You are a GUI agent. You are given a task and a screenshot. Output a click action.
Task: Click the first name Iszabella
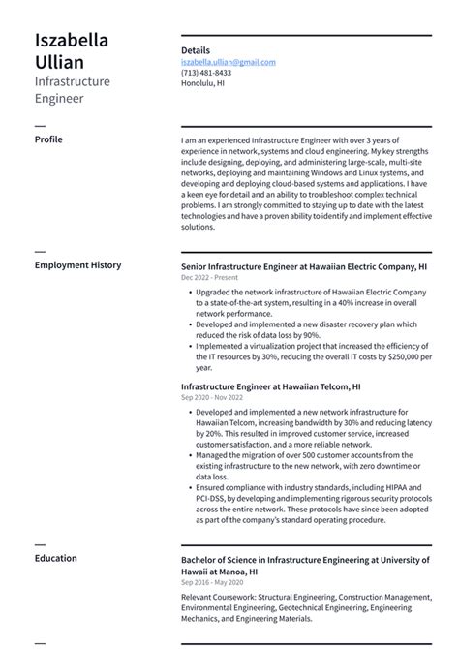pyautogui.click(x=72, y=40)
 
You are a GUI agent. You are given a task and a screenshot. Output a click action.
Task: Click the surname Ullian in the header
pyautogui.click(x=58, y=62)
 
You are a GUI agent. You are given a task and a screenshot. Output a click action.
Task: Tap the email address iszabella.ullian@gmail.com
pyautogui.click(x=229, y=61)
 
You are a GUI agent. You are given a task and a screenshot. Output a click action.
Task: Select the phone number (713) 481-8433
pyautogui.click(x=206, y=73)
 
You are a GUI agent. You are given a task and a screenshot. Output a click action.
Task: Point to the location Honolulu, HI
pyautogui.click(x=202, y=83)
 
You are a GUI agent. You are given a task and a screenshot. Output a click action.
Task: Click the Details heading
pyautogui.click(x=196, y=49)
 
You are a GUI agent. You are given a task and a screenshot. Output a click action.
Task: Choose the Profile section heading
pyautogui.click(x=48, y=139)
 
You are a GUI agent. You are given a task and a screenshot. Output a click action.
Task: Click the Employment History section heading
pyautogui.click(x=77, y=265)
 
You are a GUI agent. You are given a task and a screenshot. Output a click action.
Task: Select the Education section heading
pyautogui.click(x=56, y=558)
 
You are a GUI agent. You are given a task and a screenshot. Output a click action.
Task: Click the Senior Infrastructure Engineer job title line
pyautogui.click(x=304, y=265)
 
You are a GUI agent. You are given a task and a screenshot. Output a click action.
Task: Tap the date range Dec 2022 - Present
pyautogui.click(x=209, y=277)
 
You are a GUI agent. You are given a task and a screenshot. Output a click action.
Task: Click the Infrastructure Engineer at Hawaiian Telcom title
pyautogui.click(x=271, y=386)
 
